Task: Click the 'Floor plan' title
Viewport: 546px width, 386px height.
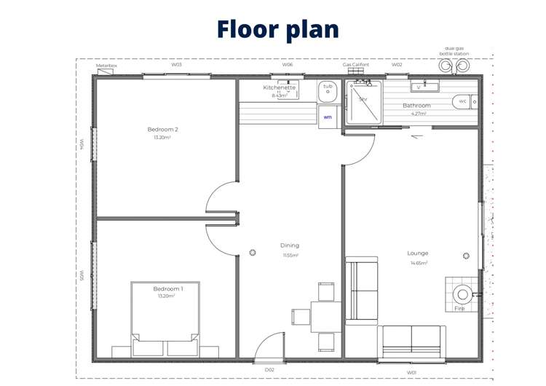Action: pyautogui.click(x=277, y=29)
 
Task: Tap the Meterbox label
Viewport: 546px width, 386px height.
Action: pyautogui.click(x=106, y=66)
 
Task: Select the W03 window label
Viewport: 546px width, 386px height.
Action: pyautogui.click(x=176, y=64)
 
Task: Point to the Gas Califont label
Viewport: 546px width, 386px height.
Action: pyautogui.click(x=356, y=64)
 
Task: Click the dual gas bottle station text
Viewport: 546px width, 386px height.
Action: pyautogui.click(x=454, y=51)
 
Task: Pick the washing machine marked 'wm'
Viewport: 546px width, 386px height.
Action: pyautogui.click(x=328, y=117)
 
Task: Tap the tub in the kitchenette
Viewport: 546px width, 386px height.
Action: pyautogui.click(x=328, y=92)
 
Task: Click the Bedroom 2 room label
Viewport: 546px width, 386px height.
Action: pyautogui.click(x=162, y=130)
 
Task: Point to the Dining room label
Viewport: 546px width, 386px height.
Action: pyautogui.click(x=290, y=245)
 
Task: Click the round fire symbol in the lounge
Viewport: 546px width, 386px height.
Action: pyautogui.click(x=462, y=294)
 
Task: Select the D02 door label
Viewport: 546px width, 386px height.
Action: pyautogui.click(x=269, y=370)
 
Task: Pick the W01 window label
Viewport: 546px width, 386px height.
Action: pyautogui.click(x=411, y=372)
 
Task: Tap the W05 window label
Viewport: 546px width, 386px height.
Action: pyautogui.click(x=82, y=276)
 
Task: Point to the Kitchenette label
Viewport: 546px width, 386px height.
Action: pyautogui.click(x=280, y=87)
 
